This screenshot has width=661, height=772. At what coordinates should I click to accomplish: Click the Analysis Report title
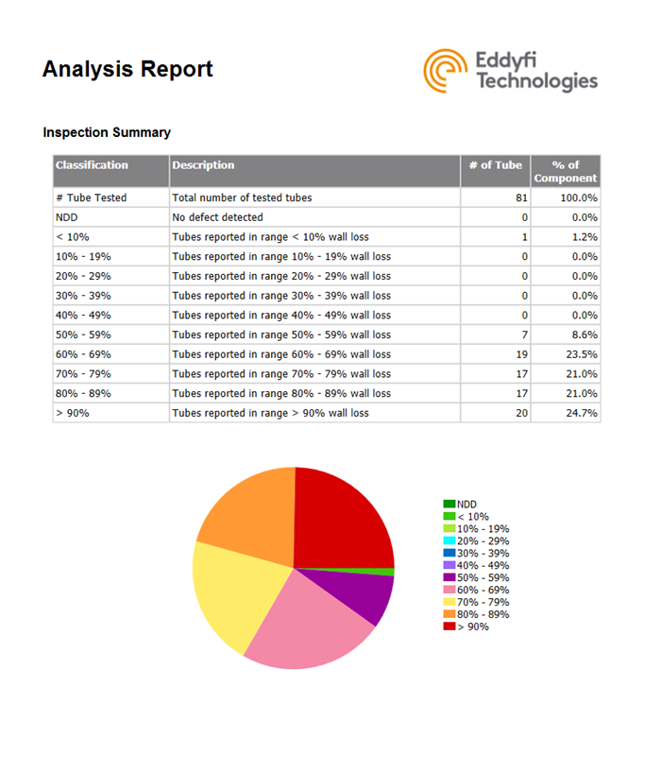pos(127,69)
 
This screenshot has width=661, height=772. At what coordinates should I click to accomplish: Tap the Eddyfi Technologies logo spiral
pos(443,71)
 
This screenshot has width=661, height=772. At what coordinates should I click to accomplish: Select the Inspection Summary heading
pos(107,132)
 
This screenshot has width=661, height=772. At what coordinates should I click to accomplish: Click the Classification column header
pos(92,165)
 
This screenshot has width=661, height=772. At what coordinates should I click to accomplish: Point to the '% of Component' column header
pos(565,171)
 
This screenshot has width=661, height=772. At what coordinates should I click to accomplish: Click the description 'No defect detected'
pos(217,217)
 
